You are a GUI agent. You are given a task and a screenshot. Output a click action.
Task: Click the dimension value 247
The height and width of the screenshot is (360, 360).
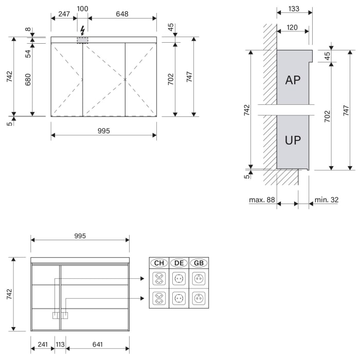pos(64,14)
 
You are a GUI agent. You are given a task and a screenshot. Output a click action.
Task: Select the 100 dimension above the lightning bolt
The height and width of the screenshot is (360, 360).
pos(82,9)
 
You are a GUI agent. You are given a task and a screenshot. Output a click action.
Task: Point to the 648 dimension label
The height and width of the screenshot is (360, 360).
pos(122,14)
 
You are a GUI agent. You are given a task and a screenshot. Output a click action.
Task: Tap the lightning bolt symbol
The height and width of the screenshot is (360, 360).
pos(82,30)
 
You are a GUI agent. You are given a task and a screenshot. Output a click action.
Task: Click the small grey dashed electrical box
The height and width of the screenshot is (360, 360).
pos(82,40)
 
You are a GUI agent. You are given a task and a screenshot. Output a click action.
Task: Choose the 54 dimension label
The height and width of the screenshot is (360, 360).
pos(28,53)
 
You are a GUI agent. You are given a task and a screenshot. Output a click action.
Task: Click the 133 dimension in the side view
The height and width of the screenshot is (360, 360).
pos(294,8)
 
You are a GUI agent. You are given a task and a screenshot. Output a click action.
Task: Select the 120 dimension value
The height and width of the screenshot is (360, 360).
pos(292,28)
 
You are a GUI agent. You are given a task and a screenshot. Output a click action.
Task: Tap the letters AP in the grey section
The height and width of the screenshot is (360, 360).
pos(293,80)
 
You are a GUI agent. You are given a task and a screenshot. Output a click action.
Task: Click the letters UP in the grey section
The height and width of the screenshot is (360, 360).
pos(293,140)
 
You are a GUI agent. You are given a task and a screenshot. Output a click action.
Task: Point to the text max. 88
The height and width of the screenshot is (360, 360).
pos(262,200)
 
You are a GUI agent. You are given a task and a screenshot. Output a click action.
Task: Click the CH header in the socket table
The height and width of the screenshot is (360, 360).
pos(158,263)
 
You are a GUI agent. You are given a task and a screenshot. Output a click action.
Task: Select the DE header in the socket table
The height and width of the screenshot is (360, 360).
pos(179,263)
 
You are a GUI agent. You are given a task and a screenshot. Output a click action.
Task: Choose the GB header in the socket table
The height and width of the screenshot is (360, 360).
pos(199,263)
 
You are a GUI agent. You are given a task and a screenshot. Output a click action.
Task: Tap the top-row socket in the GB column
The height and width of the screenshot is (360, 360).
pos(199,279)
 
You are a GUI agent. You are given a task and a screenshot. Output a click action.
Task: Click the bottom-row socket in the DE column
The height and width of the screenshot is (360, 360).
pos(179,298)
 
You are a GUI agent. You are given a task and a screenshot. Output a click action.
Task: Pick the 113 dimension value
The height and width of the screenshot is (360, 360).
pos(60,345)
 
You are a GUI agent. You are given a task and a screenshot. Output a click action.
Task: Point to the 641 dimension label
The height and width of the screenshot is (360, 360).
pos(98,345)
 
